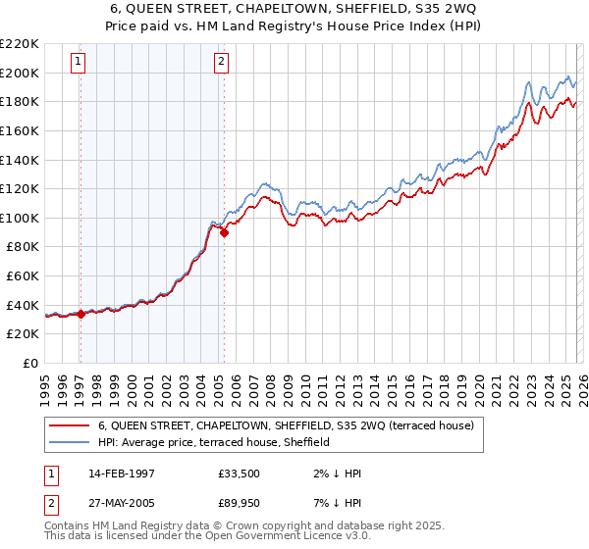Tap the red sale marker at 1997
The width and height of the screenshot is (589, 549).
click(x=80, y=315)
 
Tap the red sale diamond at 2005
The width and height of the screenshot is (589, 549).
click(x=224, y=232)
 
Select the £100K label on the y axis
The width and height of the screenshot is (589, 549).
click(x=20, y=218)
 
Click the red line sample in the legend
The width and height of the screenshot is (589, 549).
click(x=69, y=425)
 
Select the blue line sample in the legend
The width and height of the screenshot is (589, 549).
click(x=69, y=442)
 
